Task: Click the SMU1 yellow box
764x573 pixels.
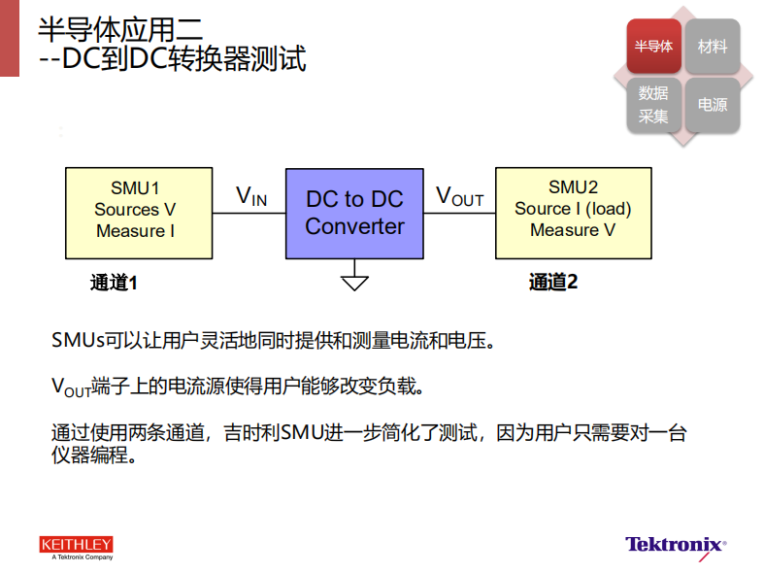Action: point(139,213)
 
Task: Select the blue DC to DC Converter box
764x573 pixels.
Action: point(354,214)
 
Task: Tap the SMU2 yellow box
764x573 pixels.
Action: point(574,213)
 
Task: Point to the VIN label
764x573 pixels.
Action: point(251,196)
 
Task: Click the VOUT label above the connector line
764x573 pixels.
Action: point(459,196)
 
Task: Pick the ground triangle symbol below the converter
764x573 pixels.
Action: point(354,283)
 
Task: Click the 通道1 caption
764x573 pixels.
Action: point(114,283)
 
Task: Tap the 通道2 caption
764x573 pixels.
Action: point(553,282)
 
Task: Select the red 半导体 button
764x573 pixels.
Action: point(654,47)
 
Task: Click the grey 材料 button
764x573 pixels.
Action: point(713,47)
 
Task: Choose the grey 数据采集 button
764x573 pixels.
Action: point(654,105)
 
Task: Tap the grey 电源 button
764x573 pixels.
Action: point(713,105)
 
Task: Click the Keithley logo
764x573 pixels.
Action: point(77,548)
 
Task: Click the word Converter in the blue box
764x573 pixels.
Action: point(354,226)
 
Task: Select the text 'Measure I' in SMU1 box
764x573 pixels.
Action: point(136,230)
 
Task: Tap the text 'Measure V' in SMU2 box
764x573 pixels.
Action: point(573,229)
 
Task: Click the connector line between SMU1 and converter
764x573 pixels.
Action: point(249,214)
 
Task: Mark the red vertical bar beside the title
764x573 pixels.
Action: point(10,38)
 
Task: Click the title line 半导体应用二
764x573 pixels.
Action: point(120,29)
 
